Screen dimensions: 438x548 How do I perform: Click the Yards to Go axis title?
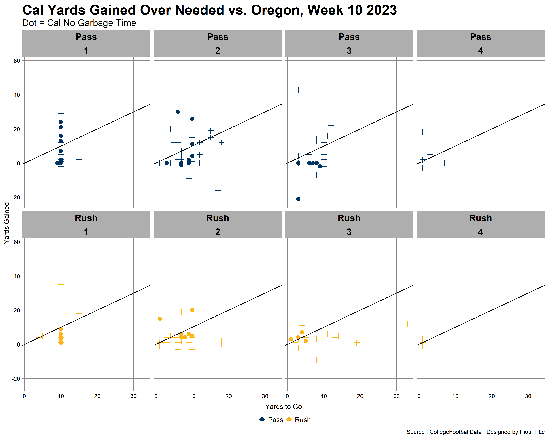(283, 407)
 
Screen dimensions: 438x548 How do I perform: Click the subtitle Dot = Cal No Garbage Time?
(79, 23)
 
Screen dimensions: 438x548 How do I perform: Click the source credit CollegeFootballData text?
(456, 432)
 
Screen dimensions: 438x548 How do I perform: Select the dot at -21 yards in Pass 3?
(298, 199)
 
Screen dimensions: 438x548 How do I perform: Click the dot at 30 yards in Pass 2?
(178, 112)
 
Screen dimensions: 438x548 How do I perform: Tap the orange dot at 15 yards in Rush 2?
(159, 319)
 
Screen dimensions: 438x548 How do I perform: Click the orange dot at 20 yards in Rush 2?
(192, 310)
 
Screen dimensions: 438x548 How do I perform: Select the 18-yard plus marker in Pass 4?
(422, 132)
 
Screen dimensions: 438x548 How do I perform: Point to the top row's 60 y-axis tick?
(17, 61)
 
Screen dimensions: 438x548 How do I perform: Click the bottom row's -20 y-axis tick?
(16, 379)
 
